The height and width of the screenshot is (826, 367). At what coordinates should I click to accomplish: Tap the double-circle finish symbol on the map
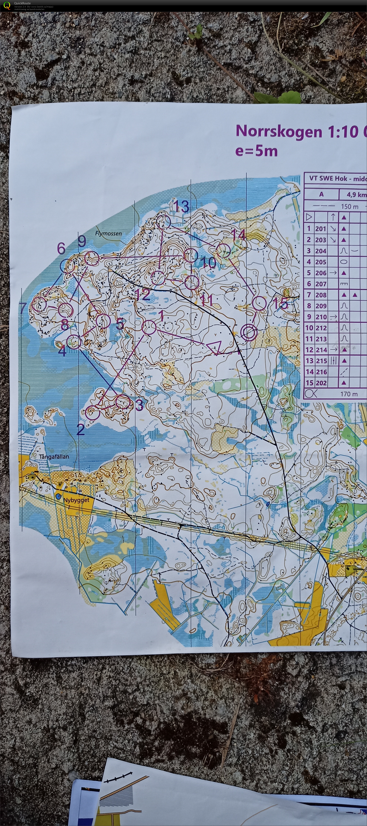[249, 332]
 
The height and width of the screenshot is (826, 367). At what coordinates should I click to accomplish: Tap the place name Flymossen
[108, 233]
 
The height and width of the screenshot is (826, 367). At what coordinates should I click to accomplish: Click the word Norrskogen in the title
[279, 132]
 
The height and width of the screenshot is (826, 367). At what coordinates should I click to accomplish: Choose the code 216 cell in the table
[321, 372]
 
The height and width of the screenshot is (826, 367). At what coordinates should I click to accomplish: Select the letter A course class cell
[321, 194]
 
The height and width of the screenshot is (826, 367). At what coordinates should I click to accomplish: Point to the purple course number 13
[181, 206]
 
